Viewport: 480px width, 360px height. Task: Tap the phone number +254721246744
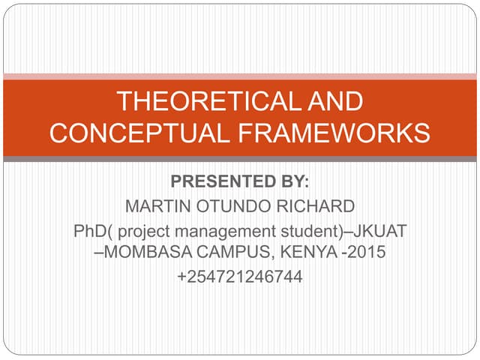[240, 277]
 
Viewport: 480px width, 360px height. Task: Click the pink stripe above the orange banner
[240, 76]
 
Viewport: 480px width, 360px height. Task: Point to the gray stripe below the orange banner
[240, 159]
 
